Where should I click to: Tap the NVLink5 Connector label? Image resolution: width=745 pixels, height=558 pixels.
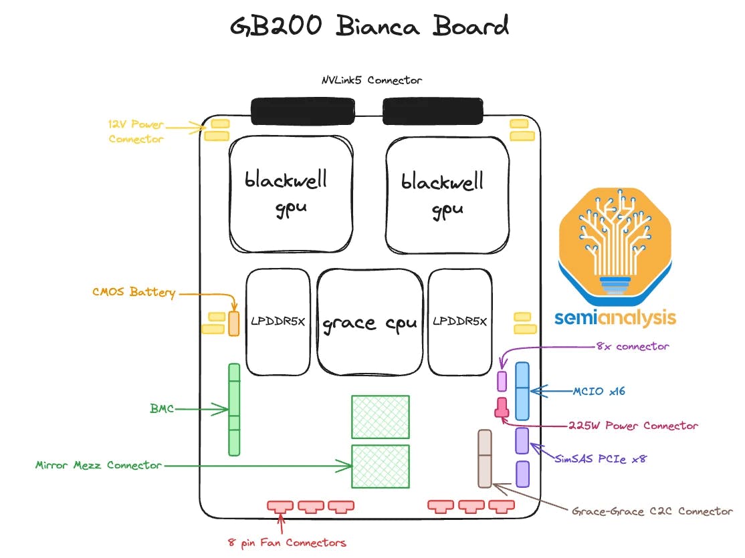click(371, 80)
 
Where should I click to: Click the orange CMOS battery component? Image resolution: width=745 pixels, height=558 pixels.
click(233, 323)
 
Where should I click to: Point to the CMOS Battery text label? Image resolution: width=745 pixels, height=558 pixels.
click(134, 293)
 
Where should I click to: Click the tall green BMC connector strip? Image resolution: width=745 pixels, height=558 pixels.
click(233, 409)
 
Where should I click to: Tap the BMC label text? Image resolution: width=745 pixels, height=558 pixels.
click(162, 408)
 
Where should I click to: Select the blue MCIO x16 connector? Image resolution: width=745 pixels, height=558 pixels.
click(522, 391)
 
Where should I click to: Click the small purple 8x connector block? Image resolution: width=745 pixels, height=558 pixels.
click(502, 380)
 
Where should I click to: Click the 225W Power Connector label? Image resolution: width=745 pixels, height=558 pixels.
click(633, 425)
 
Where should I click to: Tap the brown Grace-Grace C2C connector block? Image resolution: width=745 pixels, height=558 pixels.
click(484, 458)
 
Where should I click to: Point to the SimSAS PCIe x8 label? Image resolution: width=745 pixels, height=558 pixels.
click(600, 458)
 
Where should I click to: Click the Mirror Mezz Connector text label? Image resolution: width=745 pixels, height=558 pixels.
click(98, 464)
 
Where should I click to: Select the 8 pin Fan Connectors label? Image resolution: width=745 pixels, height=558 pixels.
click(287, 542)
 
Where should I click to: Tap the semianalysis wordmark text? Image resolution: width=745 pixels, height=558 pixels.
click(615, 317)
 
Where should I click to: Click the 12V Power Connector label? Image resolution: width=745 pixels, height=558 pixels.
click(136, 132)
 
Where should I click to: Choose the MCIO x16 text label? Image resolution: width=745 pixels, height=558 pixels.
click(599, 391)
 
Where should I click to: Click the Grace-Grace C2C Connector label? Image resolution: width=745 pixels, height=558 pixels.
click(652, 511)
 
